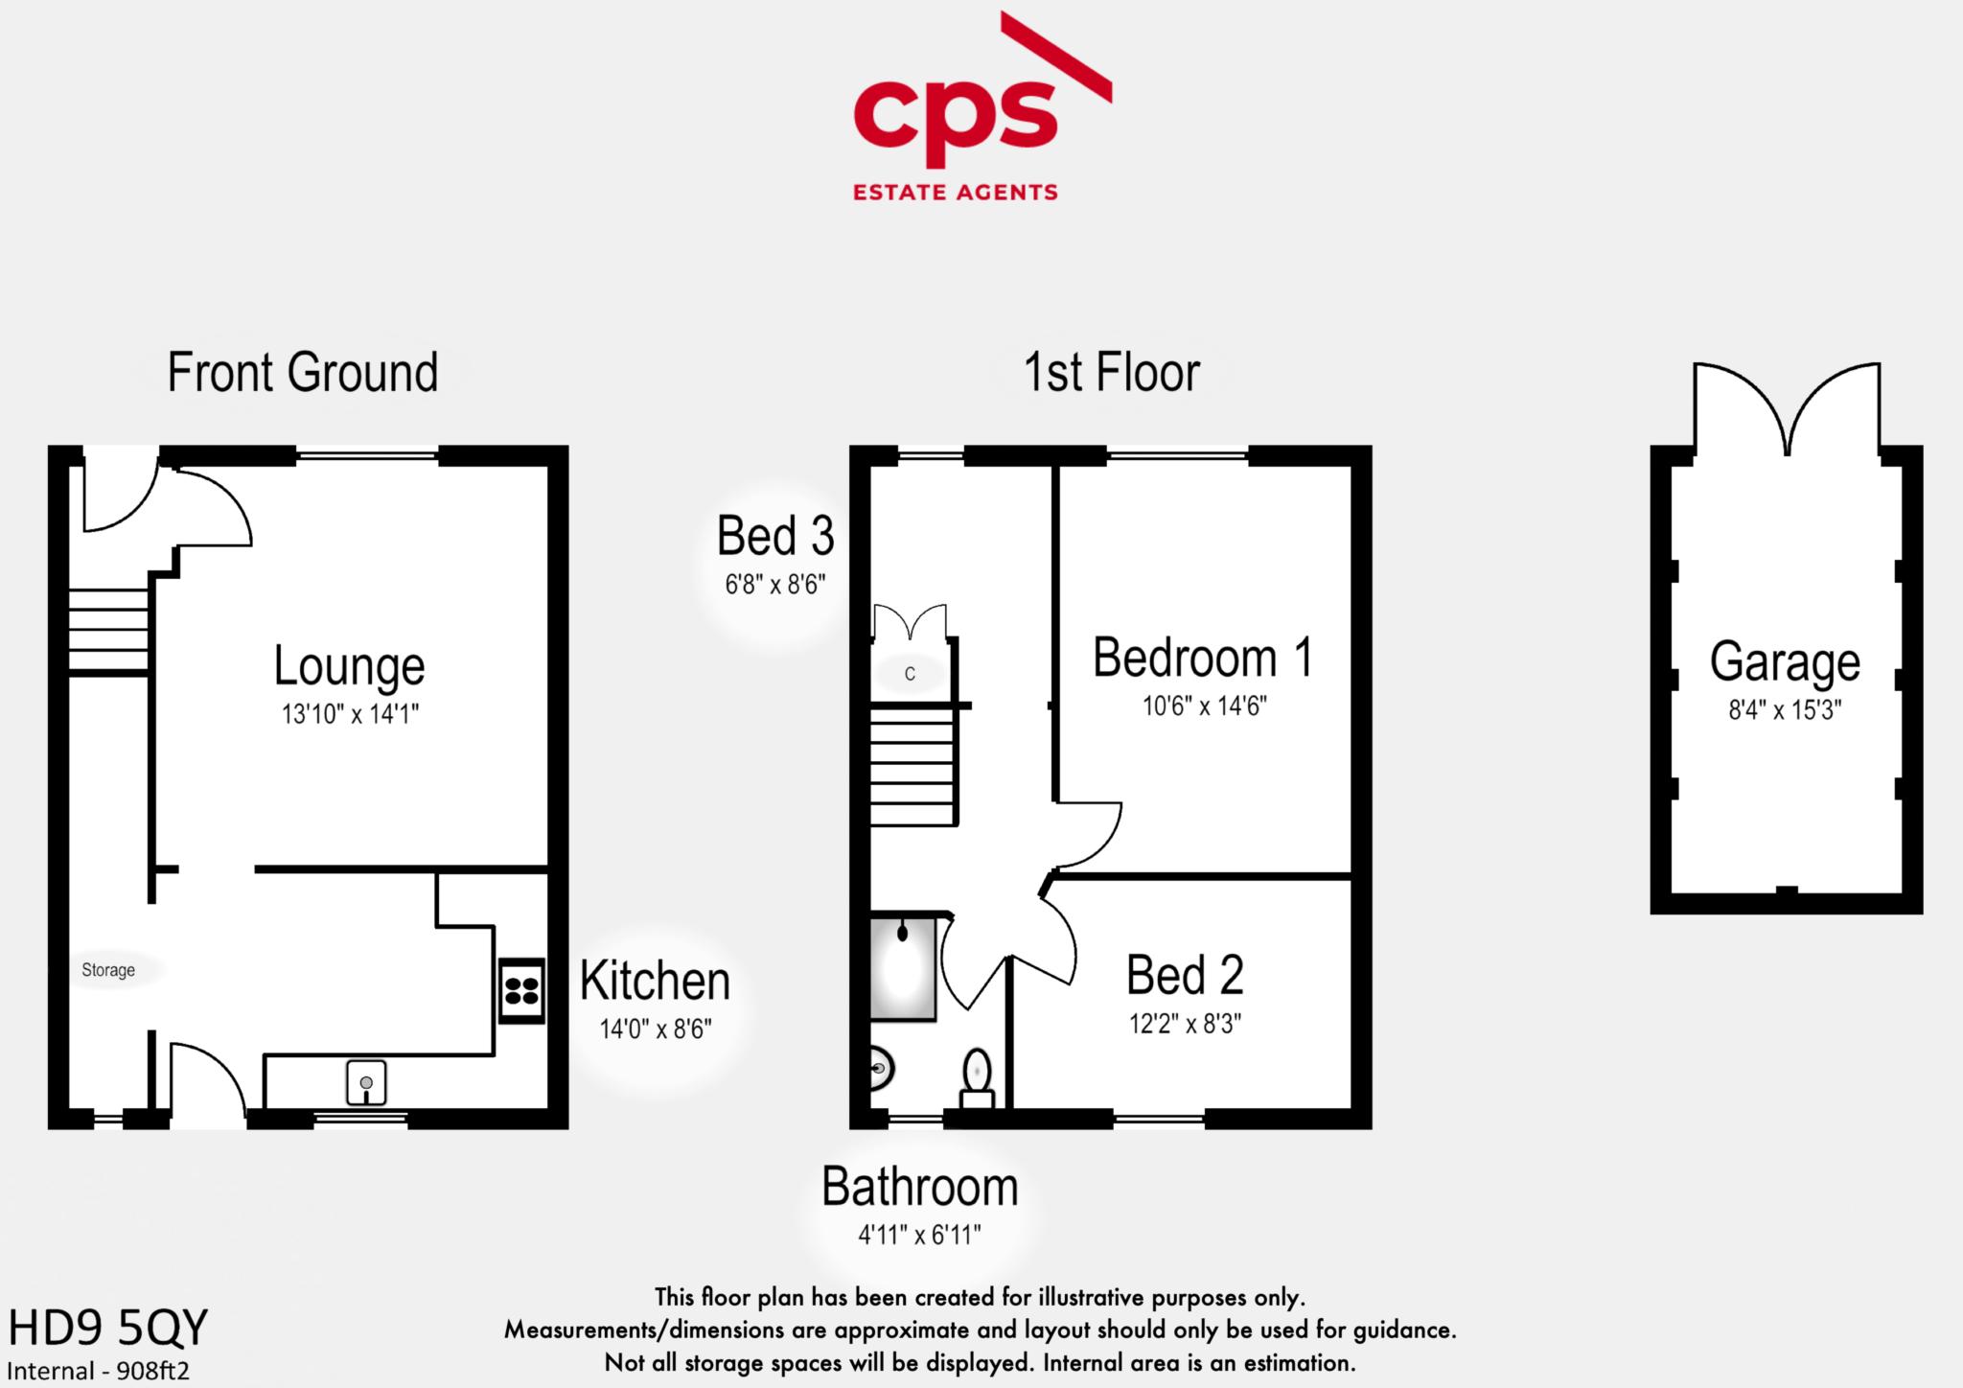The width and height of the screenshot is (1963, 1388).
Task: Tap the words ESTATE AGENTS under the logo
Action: (955, 192)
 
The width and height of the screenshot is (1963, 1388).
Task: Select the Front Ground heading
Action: (303, 372)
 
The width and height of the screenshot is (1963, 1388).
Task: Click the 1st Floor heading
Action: (1112, 372)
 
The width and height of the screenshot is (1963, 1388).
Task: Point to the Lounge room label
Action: (349, 665)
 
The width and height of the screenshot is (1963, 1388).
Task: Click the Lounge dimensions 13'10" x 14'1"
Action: (350, 714)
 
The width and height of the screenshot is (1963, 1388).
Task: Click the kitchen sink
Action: (366, 1083)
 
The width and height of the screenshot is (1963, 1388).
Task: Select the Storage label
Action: (108, 970)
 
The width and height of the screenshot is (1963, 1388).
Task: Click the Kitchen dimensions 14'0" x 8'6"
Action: (656, 1029)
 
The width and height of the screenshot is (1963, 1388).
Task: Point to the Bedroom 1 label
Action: (1203, 658)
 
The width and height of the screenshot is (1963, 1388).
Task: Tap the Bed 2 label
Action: (1185, 975)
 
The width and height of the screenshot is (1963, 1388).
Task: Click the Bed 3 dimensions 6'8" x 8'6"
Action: (775, 584)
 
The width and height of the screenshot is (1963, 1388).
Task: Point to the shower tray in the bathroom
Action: (902, 968)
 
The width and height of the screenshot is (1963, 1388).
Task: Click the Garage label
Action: (1785, 661)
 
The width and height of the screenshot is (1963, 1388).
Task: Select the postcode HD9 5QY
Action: (107, 1329)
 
